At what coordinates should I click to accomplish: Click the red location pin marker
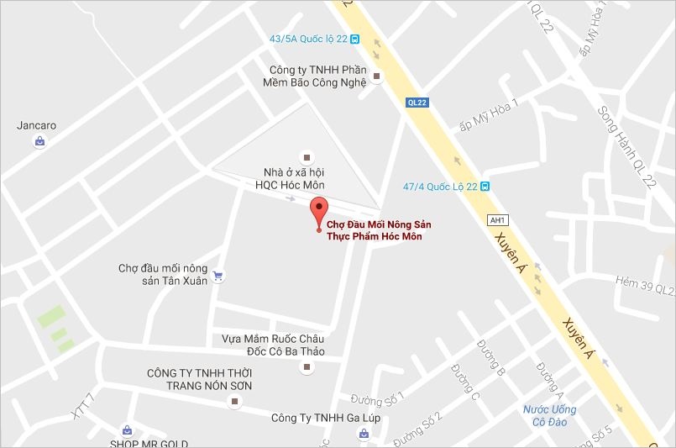click(x=318, y=210)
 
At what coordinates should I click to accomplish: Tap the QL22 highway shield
click(x=416, y=102)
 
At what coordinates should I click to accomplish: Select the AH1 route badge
click(x=497, y=220)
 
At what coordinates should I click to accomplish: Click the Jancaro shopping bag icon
click(x=39, y=143)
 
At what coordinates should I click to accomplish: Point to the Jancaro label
click(x=37, y=126)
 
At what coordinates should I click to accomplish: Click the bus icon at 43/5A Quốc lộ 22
click(x=355, y=39)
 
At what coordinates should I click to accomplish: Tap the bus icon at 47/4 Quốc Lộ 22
click(x=485, y=187)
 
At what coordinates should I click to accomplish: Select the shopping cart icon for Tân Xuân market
click(x=218, y=275)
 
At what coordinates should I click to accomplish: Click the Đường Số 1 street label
click(x=378, y=397)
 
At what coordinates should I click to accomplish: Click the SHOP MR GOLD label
click(x=147, y=443)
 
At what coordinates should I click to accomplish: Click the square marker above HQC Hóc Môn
click(x=306, y=156)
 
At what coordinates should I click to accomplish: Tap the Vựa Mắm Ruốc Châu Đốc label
click(x=273, y=345)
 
